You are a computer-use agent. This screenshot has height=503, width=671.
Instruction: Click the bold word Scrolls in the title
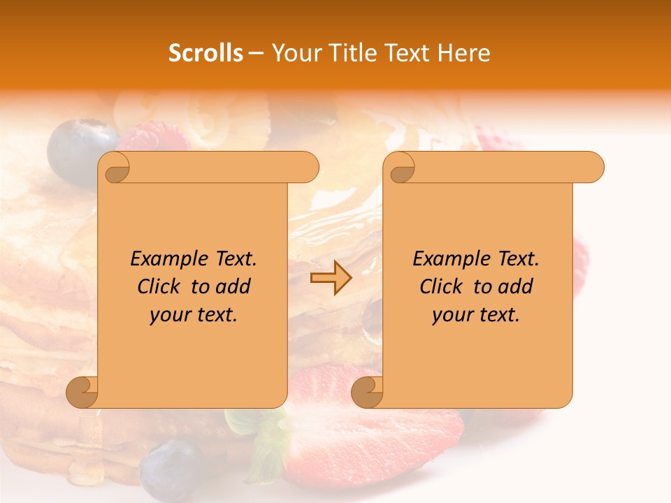[205, 53]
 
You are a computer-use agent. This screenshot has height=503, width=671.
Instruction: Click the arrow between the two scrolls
[331, 278]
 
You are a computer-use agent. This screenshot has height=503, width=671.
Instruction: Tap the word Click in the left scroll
[153, 286]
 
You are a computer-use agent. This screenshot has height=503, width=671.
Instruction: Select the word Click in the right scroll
[435, 286]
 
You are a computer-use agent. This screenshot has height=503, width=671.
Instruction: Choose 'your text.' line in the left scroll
[194, 315]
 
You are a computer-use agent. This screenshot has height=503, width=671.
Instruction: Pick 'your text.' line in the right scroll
[476, 315]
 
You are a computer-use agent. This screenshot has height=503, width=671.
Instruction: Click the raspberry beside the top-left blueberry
[154, 138]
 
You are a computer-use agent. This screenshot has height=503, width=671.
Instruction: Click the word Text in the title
[407, 53]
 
